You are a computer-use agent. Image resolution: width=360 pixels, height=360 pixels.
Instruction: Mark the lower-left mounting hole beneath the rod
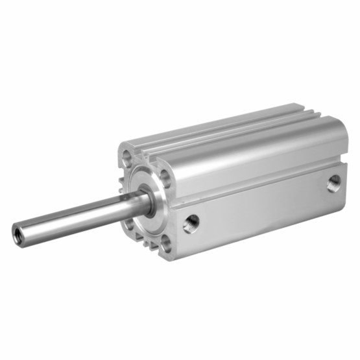click(127, 224)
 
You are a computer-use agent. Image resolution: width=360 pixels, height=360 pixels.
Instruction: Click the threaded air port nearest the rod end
click(191, 223)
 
